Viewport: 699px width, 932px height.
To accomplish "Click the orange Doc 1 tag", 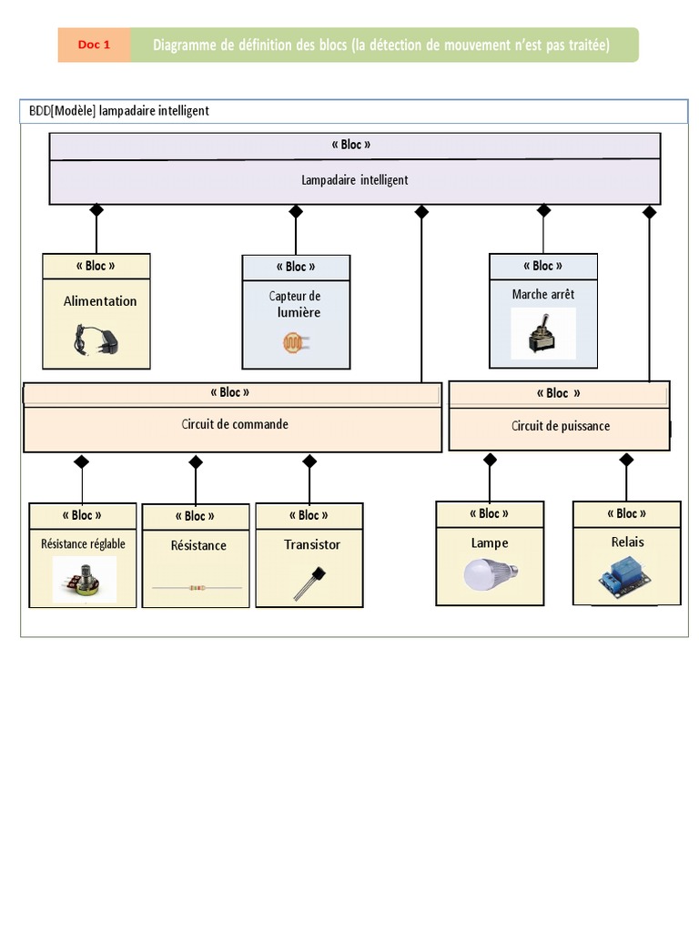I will tap(94, 45).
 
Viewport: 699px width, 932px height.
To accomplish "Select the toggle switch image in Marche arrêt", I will tap(542, 334).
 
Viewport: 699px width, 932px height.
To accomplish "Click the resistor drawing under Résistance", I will tap(197, 588).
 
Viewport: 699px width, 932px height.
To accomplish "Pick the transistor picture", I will tap(308, 582).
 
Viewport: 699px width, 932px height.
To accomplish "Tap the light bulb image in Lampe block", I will tap(489, 573).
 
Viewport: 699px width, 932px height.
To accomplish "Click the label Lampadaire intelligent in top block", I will tap(355, 180).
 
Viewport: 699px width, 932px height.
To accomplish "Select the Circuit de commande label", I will tap(234, 424).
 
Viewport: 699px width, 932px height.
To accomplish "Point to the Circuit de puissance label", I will tap(561, 426).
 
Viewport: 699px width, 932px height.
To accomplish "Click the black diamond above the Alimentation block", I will tap(96, 210).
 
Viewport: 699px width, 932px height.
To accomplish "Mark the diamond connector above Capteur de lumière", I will tap(296, 211).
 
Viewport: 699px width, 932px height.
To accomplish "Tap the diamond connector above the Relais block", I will tap(626, 460).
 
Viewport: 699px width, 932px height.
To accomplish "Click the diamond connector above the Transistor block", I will tap(309, 461).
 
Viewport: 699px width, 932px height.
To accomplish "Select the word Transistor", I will tap(312, 544).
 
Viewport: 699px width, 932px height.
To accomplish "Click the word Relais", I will tap(627, 542).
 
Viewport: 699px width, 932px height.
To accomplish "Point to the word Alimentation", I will tap(100, 301).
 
